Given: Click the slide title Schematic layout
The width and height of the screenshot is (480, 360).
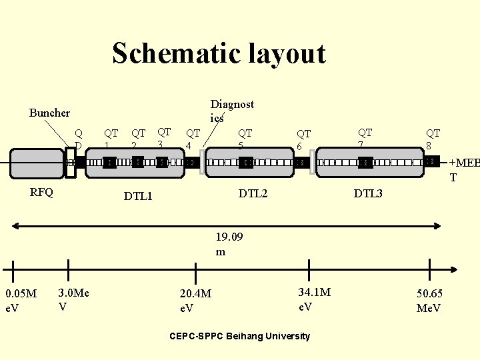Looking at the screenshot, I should point(219,53).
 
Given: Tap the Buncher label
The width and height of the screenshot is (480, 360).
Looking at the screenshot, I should point(49,113).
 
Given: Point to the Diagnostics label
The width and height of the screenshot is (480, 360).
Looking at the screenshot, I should point(232,111).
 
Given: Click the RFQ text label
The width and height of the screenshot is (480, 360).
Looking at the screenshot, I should point(42,193).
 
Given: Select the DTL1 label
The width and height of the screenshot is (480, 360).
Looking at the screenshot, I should point(139,196).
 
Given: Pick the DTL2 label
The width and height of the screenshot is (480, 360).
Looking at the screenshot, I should point(253,193).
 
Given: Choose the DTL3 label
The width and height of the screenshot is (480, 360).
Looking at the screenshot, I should point(368,193).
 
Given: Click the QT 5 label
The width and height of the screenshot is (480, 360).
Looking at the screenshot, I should point(245,139).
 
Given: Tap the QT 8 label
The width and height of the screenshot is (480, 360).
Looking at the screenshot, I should point(433,139).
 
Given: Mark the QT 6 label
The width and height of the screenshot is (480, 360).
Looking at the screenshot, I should point(303,139).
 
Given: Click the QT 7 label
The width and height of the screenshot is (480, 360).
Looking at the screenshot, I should point(365,138).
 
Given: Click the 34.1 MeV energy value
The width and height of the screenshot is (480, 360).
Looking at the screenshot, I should point(314,299).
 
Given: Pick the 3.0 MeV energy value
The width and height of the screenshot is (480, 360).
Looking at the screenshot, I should point(74,299).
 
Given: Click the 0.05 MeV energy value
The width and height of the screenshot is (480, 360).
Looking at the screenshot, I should point(21,300).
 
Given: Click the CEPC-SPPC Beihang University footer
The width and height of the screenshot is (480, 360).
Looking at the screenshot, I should point(241,335).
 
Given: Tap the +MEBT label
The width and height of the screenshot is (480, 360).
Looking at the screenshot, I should point(463,170).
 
